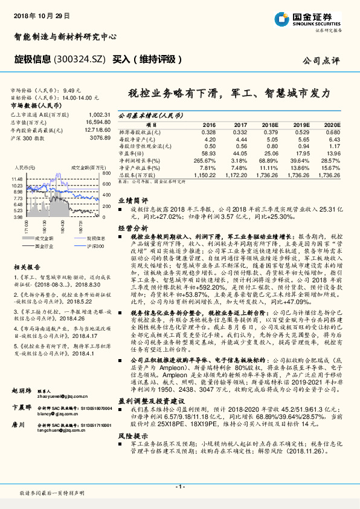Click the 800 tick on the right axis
click(106, 173)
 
